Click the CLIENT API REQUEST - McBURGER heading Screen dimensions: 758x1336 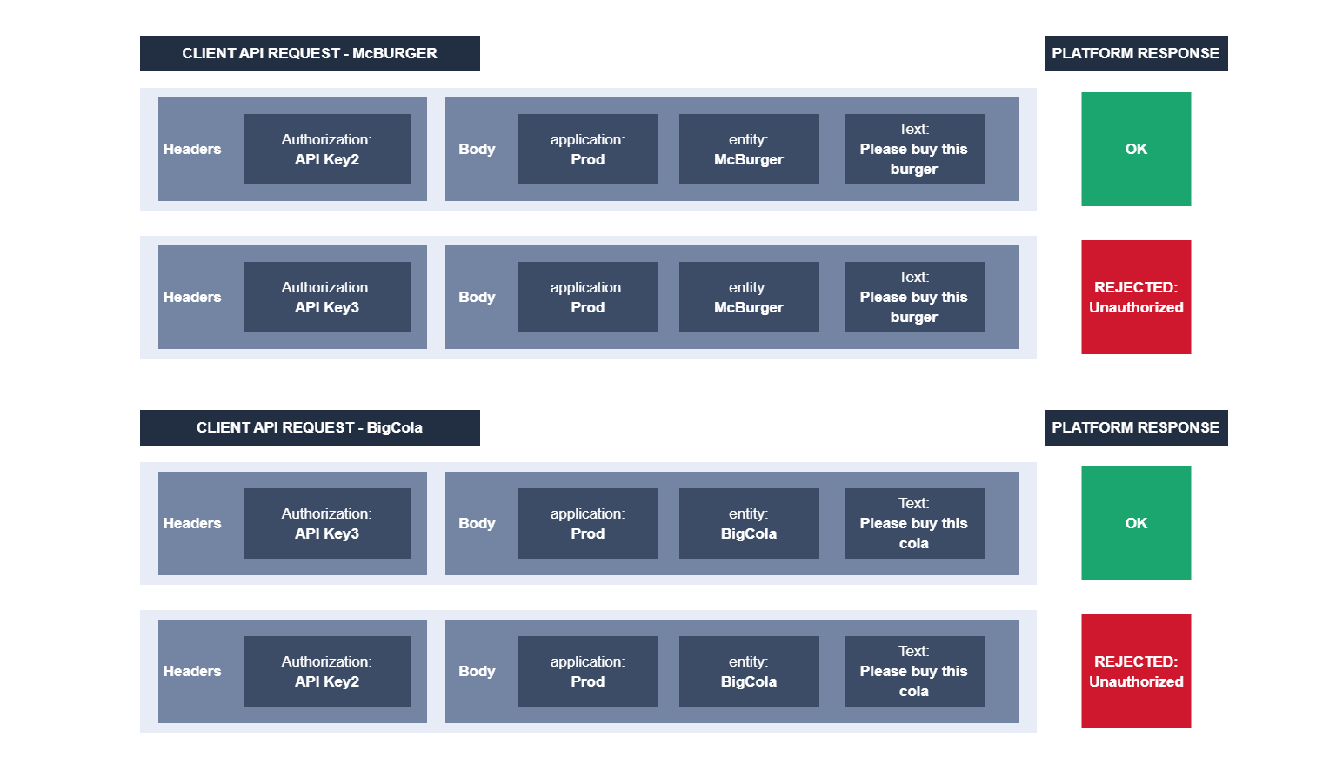pyautogui.click(x=310, y=53)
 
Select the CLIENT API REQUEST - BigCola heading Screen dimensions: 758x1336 pyautogui.click(x=310, y=427)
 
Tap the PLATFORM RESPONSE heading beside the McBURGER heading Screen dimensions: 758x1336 pyautogui.click(x=1135, y=53)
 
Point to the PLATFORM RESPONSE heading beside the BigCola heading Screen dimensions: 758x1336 pyautogui.click(x=1135, y=427)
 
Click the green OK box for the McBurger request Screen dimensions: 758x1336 pyautogui.click(x=1135, y=149)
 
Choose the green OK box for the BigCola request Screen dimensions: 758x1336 pyautogui.click(x=1135, y=523)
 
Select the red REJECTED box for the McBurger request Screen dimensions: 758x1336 pyautogui.click(x=1135, y=297)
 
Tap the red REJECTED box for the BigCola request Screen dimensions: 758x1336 pyautogui.click(x=1135, y=671)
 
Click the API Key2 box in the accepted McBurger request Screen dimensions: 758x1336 pyautogui.click(x=327, y=149)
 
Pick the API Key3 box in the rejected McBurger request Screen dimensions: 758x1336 pyautogui.click(x=327, y=297)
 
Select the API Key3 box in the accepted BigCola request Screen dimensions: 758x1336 pyautogui.click(x=327, y=523)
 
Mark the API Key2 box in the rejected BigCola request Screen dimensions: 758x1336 pyautogui.click(x=327, y=671)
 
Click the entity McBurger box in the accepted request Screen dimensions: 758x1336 pyautogui.click(x=748, y=149)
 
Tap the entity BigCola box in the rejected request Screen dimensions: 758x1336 pyautogui.click(x=748, y=671)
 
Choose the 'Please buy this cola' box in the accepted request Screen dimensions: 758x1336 pyautogui.click(x=913, y=523)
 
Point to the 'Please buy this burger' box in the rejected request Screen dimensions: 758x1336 pyautogui.click(x=913, y=297)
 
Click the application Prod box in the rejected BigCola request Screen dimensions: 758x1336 pyautogui.click(x=588, y=671)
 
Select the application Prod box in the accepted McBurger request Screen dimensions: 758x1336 pyautogui.click(x=588, y=149)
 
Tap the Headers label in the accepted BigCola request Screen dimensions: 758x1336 pyautogui.click(x=192, y=523)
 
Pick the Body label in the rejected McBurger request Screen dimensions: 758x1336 pyautogui.click(x=477, y=297)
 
